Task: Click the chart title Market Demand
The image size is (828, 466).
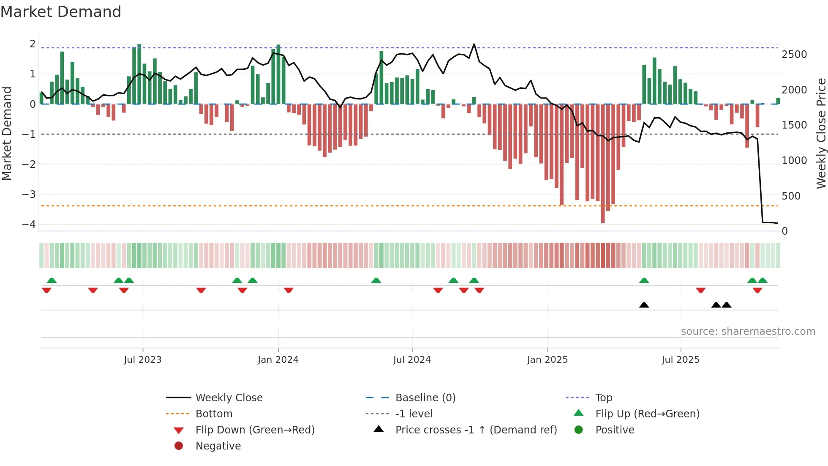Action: [x=61, y=12]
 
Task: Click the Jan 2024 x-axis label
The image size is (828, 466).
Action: [x=278, y=360]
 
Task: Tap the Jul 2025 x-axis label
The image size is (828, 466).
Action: [x=681, y=360]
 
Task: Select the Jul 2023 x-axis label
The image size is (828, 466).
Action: [x=143, y=360]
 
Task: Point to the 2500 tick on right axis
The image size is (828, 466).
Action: [x=794, y=55]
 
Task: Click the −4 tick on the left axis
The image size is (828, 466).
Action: [x=29, y=225]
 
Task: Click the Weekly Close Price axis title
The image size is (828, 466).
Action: [x=821, y=133]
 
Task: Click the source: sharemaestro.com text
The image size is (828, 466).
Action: [x=748, y=332]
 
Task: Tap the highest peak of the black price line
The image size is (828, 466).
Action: [x=474, y=44]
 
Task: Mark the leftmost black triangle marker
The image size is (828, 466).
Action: [x=644, y=305]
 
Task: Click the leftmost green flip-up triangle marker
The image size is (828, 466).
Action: [x=52, y=280]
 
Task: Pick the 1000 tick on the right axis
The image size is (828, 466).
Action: [x=794, y=161]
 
